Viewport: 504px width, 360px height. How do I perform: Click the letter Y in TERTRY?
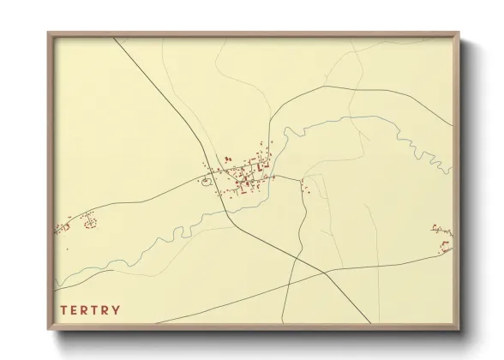tap(117, 310)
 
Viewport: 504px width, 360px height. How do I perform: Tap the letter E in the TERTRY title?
tap(76, 310)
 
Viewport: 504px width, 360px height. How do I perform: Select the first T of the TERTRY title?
tap(64, 310)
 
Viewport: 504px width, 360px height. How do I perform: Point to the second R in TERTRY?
tap(106, 310)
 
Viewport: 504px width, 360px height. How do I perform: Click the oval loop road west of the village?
tap(206, 180)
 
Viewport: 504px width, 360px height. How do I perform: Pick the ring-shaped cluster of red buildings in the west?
tap(89, 223)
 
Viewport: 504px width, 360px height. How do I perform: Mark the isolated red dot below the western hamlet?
tap(67, 249)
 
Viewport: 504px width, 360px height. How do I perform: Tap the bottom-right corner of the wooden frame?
tap(459, 327)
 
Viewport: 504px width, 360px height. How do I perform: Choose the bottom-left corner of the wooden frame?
tap(49, 327)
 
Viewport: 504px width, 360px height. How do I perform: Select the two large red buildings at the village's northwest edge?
tap(227, 159)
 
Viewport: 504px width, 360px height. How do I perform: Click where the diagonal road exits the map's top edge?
tap(113, 39)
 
